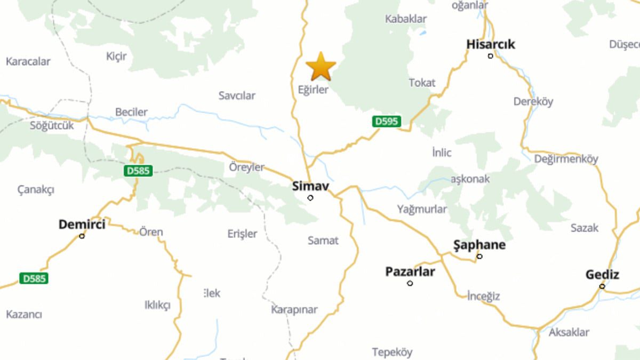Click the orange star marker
coord(321,67)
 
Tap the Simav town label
coord(310,187)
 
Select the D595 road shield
coord(386,121)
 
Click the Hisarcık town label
coord(491,44)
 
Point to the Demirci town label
coord(82,225)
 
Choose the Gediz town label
coord(602,275)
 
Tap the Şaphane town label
coord(479,245)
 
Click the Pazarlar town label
coord(410,272)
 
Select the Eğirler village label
coord(313,90)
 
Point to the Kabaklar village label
coord(406,19)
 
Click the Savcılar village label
coord(237,95)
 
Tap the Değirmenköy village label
coord(566,158)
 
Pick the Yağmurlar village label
coord(422,209)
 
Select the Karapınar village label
coord(294,309)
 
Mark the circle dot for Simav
coord(310,198)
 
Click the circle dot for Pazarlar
coord(410,283)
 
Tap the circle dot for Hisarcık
coord(491,55)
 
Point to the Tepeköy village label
coord(392,352)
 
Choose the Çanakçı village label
coord(36,189)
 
